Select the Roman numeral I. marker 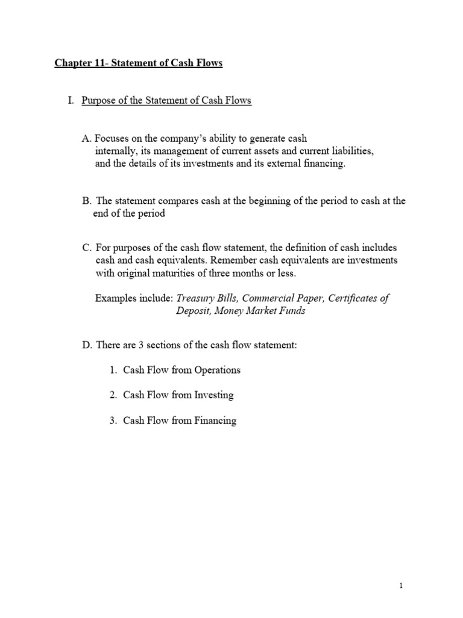tap(71, 101)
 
